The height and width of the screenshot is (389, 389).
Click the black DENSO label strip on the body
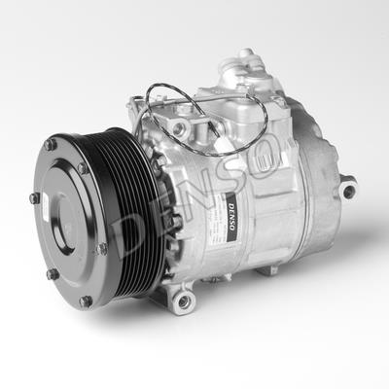pos(231,217)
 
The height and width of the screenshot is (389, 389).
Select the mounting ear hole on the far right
pos(348,192)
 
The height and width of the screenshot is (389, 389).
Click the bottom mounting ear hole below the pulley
pos(184,301)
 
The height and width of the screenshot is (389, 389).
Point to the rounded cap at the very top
pos(247,52)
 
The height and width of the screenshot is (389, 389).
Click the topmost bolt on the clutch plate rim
pos(51,145)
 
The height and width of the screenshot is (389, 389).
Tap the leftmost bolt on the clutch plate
pos(34,198)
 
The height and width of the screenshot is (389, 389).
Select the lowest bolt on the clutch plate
pos(86,301)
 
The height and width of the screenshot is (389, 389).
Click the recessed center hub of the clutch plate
pos(66,223)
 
